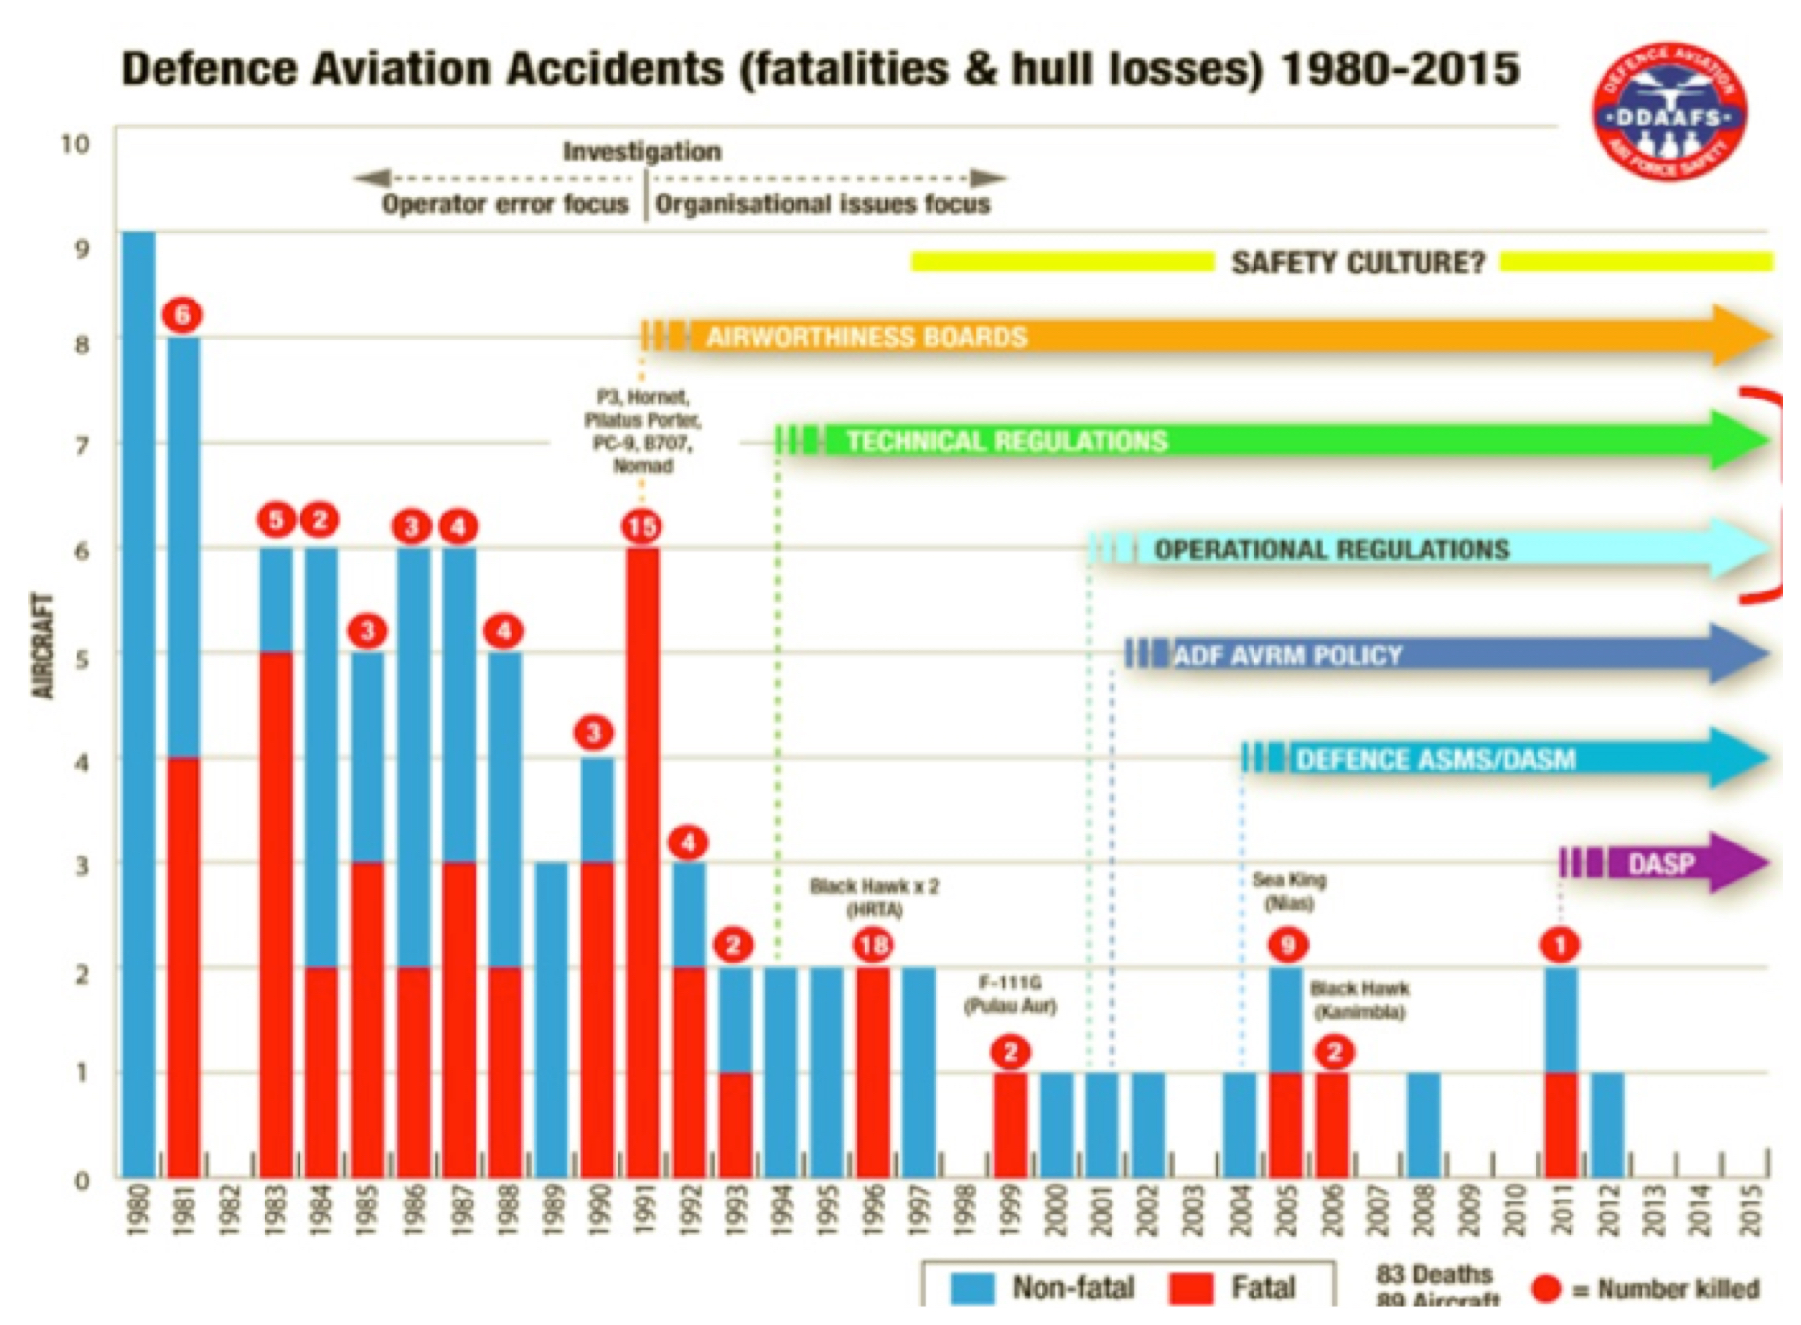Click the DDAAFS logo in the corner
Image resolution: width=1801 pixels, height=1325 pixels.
tap(1668, 112)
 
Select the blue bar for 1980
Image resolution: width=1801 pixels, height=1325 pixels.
tap(138, 700)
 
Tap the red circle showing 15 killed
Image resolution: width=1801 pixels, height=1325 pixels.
tap(642, 526)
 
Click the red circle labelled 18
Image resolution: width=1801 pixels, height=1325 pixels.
tap(872, 945)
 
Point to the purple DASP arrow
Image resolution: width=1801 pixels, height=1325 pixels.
tap(1663, 863)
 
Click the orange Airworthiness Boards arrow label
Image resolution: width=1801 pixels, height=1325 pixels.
tap(866, 337)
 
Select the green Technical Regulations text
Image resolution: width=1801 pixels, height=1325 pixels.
tap(1006, 441)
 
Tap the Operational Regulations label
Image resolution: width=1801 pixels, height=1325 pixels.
tap(1331, 550)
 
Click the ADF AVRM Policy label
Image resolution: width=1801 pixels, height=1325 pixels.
tap(1288, 655)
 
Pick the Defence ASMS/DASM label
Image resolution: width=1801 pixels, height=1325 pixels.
tap(1435, 759)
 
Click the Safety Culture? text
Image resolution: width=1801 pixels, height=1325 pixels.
tap(1358, 263)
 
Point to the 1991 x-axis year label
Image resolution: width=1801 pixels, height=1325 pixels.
tap(643, 1210)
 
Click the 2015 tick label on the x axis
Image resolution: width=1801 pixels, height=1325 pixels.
tap(1751, 1210)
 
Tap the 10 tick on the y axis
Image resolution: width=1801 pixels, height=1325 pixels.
tap(75, 144)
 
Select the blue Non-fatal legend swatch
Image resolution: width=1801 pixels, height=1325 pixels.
tap(972, 1288)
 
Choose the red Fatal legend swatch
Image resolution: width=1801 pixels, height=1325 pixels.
tap(1191, 1288)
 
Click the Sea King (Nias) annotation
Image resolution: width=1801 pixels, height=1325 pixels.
tap(1289, 891)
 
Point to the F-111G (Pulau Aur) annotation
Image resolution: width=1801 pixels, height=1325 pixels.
tap(1009, 993)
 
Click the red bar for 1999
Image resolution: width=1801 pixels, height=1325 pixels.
tap(1009, 1124)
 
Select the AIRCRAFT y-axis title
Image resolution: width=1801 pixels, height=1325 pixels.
tap(43, 645)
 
